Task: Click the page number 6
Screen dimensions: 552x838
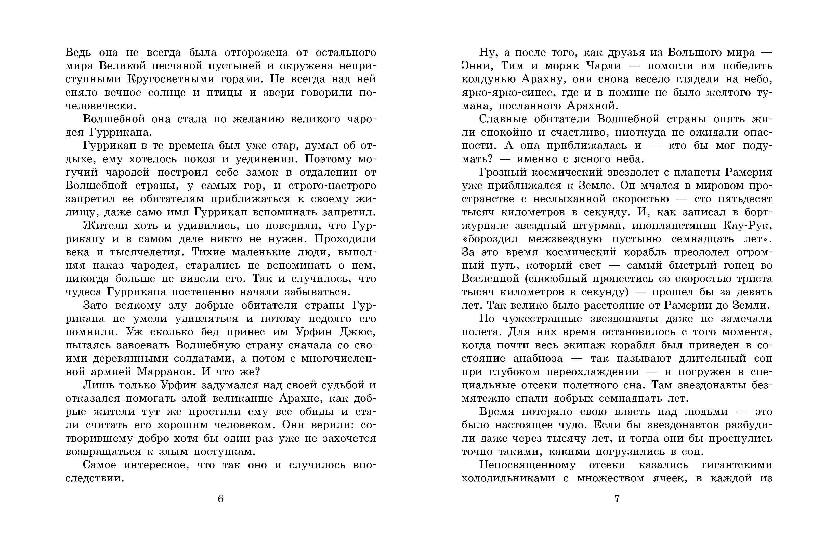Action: click(x=220, y=499)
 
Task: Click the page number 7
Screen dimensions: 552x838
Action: click(x=617, y=499)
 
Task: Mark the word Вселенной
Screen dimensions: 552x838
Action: click(x=490, y=279)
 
